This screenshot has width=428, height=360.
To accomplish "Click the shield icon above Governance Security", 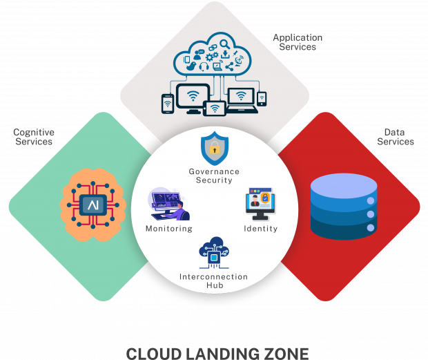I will pos(214,147).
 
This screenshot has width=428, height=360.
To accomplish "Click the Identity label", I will pos(261,229).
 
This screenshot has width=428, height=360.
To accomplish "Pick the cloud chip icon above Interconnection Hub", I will pos(214,254).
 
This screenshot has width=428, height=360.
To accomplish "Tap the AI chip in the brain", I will pos(92,205).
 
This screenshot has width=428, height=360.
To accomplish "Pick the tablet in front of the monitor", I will pos(215,108).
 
